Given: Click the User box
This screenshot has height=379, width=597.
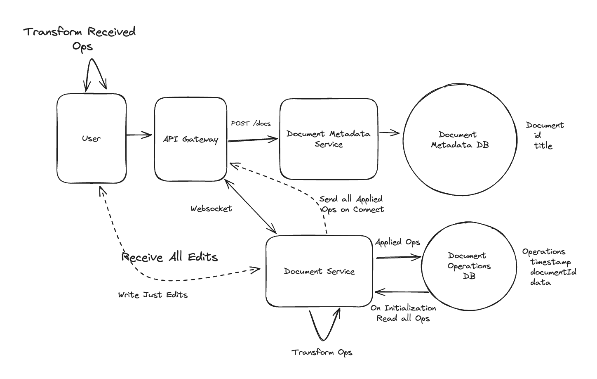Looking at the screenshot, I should coord(91,139).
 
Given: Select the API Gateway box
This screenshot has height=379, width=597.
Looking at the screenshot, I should coord(190,139).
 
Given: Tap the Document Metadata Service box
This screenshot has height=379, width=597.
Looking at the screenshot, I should coord(329,139).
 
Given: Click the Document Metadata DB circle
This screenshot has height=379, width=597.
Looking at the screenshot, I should coord(460,140).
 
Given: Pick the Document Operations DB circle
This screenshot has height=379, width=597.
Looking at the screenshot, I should coord(469,266).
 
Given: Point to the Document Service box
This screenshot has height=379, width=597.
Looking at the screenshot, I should coord(319,271).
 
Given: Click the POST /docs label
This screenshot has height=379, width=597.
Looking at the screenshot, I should coord(251,123).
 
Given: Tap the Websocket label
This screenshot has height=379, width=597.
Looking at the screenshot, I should coord(211,209).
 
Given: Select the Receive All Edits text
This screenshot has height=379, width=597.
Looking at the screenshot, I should coord(169,257).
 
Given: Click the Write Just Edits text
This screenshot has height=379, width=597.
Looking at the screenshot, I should coord(153,295).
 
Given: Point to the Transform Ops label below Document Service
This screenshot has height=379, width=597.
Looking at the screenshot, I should coord(322,352).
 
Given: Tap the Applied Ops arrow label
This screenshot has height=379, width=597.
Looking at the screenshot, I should coord(397,242).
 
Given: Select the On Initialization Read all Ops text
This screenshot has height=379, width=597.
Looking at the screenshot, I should coord(403,313).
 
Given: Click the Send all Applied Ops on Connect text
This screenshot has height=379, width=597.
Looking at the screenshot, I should coord(352,204).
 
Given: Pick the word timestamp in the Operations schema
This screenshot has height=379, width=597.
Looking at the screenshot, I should coord(550,262).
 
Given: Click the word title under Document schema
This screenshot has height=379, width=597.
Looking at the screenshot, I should coord(543,146).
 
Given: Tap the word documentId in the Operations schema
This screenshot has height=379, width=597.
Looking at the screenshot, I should coord(553,272).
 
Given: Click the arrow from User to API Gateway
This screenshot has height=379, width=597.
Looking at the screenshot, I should coord(139,135).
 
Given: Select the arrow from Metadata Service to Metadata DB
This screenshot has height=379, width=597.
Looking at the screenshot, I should coord(390,133).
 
